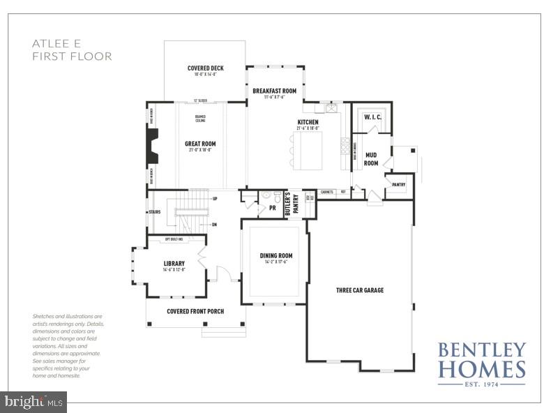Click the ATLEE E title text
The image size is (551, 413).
(56, 43)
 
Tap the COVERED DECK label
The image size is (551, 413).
(205, 68)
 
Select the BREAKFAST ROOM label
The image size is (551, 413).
(274, 91)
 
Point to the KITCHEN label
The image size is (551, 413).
(308, 121)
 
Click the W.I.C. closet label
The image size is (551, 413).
(372, 117)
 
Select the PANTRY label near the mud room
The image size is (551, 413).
(398, 185)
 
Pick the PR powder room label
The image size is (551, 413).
(272, 208)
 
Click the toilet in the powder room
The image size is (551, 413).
(277, 196)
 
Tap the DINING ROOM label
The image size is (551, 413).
(274, 256)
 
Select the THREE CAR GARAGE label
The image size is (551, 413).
(359, 290)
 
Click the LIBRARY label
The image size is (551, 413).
(174, 264)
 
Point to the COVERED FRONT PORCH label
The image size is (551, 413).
(195, 311)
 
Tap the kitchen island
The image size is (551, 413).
(308, 149)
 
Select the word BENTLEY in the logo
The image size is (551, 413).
(481, 349)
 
